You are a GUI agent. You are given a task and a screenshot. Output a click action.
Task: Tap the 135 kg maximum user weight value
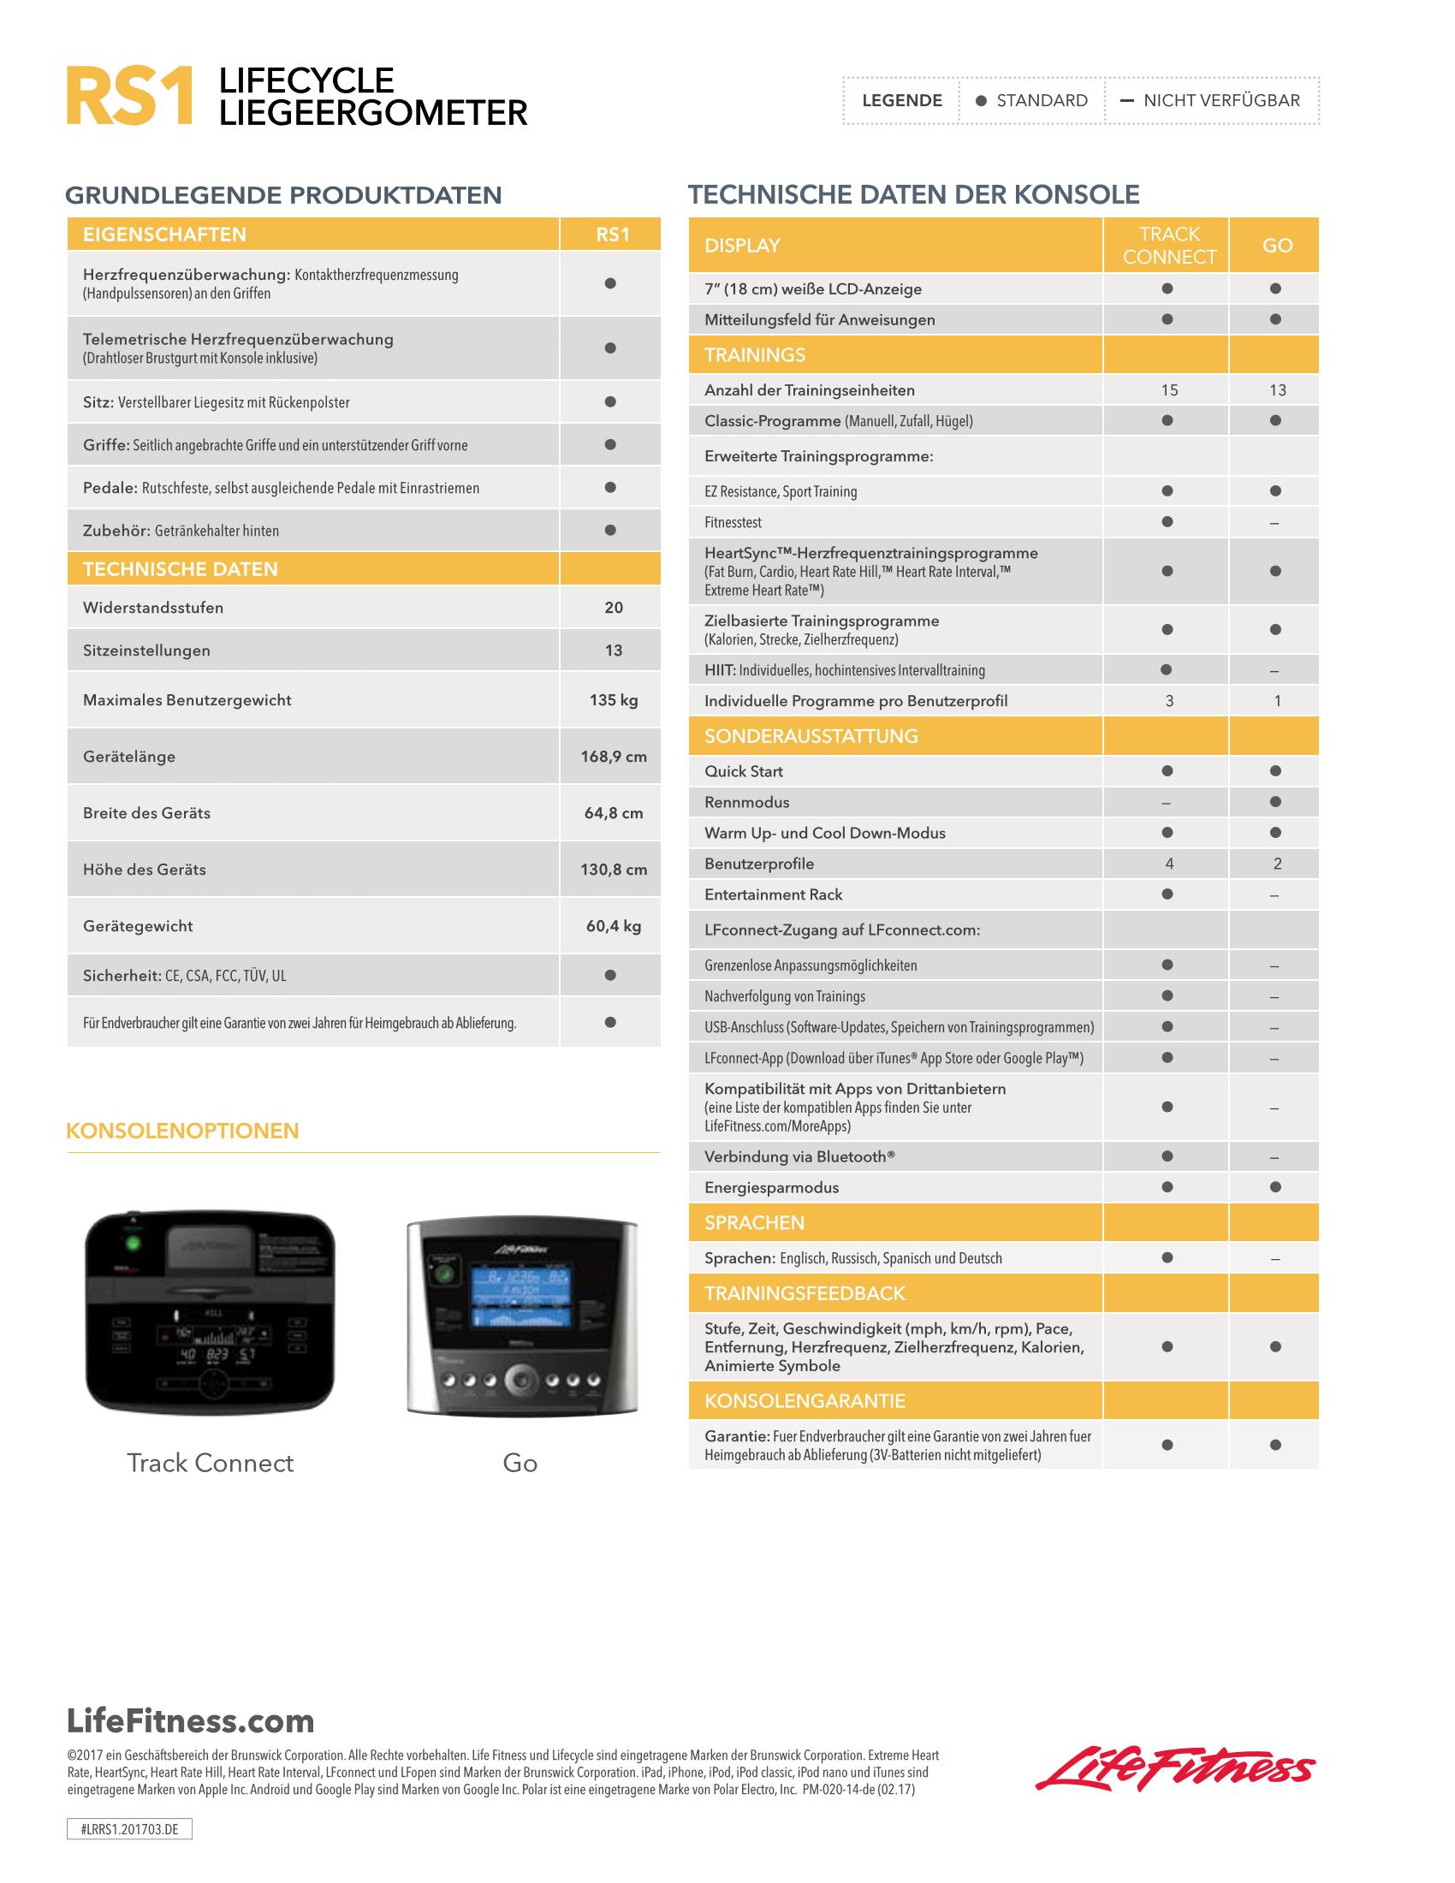[614, 700]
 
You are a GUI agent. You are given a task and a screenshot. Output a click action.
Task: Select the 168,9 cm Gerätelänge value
[614, 757]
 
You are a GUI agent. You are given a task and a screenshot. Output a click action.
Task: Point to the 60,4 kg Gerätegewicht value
[614, 926]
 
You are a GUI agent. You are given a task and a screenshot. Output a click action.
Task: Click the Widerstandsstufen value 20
[614, 608]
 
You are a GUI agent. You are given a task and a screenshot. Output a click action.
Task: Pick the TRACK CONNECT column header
[1169, 246]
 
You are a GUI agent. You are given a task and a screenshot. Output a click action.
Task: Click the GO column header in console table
[1277, 246]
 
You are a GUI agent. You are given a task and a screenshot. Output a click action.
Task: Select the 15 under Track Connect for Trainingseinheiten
[1169, 390]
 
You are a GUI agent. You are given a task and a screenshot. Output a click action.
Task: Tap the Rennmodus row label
[746, 803]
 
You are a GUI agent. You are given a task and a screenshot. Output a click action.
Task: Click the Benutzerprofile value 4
[1169, 864]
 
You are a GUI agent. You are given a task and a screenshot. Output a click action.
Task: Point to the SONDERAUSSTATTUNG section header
[811, 736]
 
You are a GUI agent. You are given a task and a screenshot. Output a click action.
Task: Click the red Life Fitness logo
[1176, 1770]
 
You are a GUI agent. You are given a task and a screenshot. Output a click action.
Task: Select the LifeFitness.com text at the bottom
[191, 1721]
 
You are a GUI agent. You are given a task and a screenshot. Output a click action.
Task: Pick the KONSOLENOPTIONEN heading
[183, 1132]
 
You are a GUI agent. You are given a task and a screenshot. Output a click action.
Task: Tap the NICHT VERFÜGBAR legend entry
[1220, 101]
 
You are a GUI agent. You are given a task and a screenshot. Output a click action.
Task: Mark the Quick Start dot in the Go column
[1276, 772]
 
